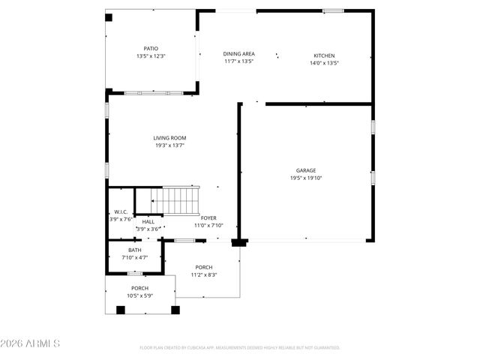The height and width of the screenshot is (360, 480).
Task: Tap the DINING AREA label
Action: pyautogui.click(x=239, y=54)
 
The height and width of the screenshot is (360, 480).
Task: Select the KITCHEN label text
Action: pyautogui.click(x=324, y=55)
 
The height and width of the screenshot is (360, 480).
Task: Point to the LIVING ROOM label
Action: pyautogui.click(x=169, y=138)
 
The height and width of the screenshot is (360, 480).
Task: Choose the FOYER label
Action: pyautogui.click(x=208, y=218)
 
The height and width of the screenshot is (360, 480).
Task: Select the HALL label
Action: pyautogui.click(x=148, y=221)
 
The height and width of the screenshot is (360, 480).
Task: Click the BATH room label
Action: pyautogui.click(x=134, y=250)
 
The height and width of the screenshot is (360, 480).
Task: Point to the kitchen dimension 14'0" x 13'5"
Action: pyautogui.click(x=324, y=63)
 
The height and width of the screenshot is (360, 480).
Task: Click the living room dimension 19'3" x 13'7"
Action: pyautogui.click(x=169, y=145)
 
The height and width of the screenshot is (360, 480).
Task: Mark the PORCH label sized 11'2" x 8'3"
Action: pyautogui.click(x=204, y=268)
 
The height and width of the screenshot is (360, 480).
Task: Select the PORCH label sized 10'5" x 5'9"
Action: pyautogui.click(x=139, y=289)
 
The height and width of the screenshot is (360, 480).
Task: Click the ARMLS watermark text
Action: pyautogui.click(x=31, y=343)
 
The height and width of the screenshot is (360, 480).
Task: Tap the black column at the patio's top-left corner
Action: pyautogui.click(x=109, y=16)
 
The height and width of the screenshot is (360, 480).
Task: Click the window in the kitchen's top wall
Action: pyautogui.click(x=333, y=10)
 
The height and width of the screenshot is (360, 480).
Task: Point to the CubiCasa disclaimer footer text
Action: pyautogui.click(x=240, y=348)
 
